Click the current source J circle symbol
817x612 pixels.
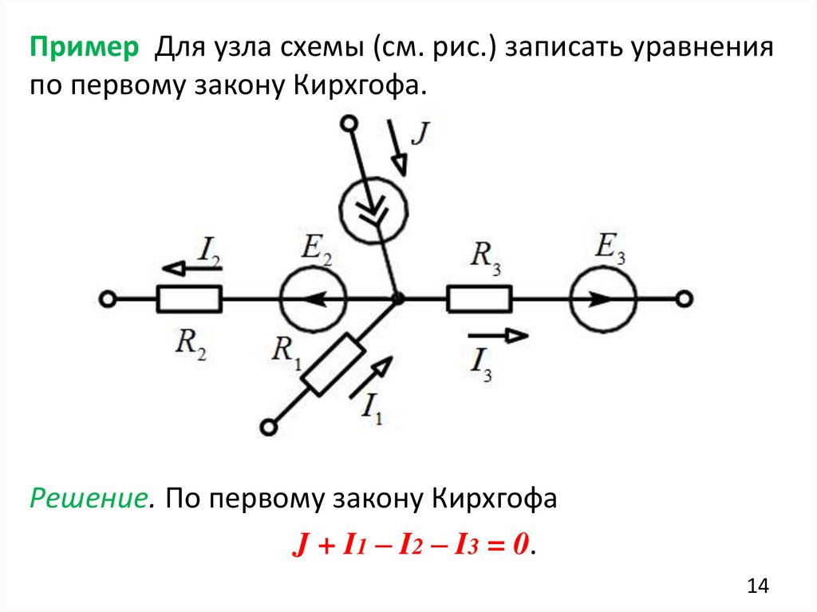click(x=373, y=210)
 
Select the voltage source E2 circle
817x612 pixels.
click(x=314, y=299)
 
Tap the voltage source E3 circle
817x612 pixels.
click(x=603, y=299)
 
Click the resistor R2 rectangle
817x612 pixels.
click(x=189, y=299)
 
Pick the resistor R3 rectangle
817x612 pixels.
click(x=479, y=299)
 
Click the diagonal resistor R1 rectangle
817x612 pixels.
click(x=335, y=365)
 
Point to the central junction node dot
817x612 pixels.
click(x=397, y=299)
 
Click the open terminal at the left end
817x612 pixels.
click(x=108, y=299)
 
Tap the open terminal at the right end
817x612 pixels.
click(x=683, y=299)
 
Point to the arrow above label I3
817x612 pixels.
click(x=497, y=336)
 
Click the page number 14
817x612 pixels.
click(x=757, y=586)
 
